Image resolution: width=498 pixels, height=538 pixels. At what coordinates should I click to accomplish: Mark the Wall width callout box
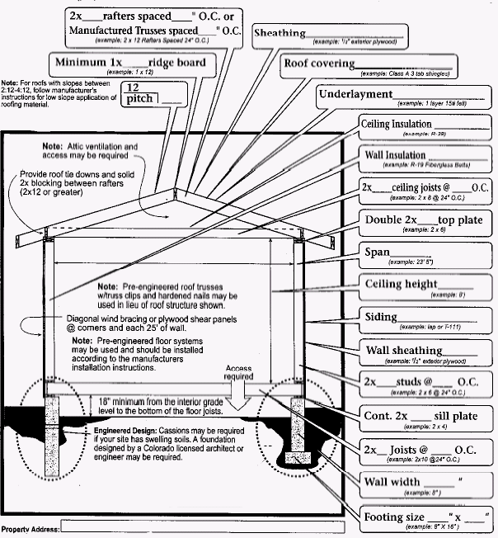click(x=424, y=482)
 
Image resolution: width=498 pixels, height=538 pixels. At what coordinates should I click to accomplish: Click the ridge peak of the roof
click(x=175, y=191)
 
